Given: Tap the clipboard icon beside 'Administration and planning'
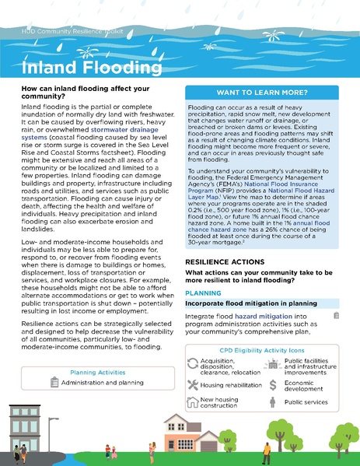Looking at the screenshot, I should point(54,382).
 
